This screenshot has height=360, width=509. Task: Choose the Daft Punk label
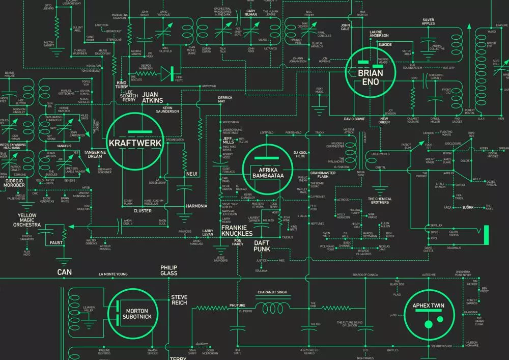262,246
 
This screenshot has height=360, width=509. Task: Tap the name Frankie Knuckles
237,231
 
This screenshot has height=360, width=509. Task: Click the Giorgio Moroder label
15,183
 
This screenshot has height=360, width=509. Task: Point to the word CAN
64,272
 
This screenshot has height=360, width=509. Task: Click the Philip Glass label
168,270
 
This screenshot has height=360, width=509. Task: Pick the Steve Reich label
179,300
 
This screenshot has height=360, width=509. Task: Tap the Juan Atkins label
153,97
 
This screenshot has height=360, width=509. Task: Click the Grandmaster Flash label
320,175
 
